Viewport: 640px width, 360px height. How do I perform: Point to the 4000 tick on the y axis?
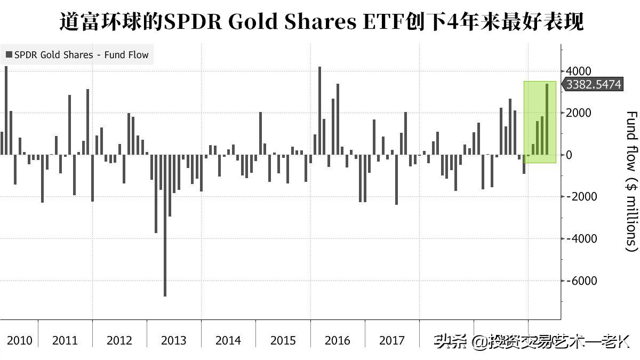pos(578,71)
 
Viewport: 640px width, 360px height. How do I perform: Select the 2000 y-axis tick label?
pos(578,113)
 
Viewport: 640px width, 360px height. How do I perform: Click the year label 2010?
pos(20,340)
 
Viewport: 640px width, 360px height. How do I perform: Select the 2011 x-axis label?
pos(65,340)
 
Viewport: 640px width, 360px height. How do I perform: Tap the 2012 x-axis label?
pos(119,340)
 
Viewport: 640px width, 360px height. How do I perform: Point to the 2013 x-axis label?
pos(174,340)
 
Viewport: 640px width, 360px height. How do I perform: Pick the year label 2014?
pos(228,340)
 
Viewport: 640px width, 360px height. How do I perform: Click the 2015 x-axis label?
pos(283,340)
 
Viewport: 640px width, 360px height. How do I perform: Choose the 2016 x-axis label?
pos(337,340)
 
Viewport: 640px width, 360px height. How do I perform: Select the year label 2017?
pos(391,340)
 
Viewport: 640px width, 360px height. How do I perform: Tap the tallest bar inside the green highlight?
pos(547,119)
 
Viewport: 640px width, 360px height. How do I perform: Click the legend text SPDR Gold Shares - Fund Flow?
pos(82,55)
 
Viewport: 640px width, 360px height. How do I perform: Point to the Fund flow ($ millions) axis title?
pos(631,181)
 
